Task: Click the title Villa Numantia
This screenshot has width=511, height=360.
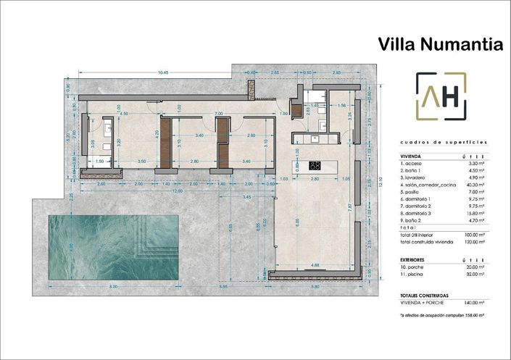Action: click(x=440, y=44)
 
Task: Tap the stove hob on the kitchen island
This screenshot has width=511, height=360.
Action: click(x=315, y=165)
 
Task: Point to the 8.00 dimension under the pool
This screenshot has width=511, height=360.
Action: click(x=113, y=288)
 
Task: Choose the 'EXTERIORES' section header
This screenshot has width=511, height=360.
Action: click(x=412, y=259)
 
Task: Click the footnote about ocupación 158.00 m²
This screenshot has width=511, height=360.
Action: click(x=441, y=316)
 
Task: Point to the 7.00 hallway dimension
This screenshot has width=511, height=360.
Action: click(x=217, y=114)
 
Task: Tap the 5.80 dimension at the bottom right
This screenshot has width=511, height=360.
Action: click(x=314, y=288)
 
